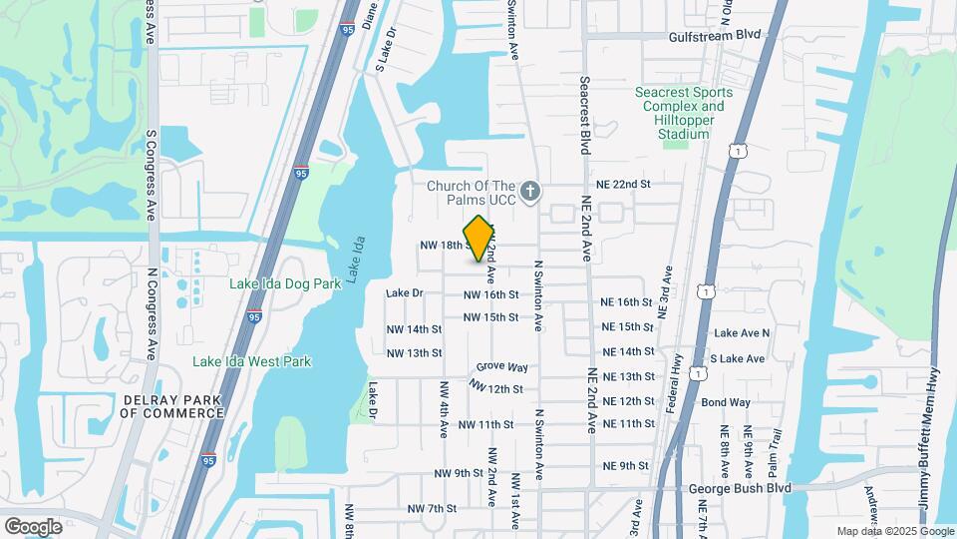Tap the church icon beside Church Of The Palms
(531, 190)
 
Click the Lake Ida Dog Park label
(285, 283)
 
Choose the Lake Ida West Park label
(252, 361)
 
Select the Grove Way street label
(501, 367)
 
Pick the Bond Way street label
(726, 402)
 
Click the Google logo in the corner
(33, 526)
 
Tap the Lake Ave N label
(742, 332)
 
